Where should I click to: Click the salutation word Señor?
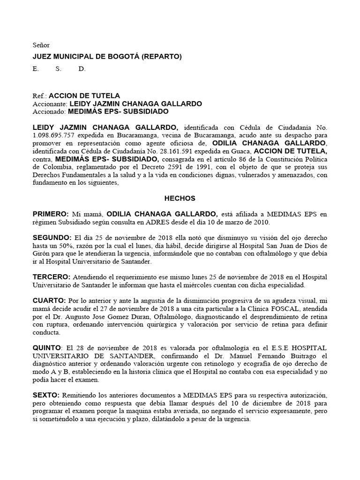pos(41,45)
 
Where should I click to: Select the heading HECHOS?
pos(180,198)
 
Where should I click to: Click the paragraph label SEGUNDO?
pos(52,238)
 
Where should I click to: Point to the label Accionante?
pos(50,104)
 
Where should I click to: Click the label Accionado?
pos(49,112)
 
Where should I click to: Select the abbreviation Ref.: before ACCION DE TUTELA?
pos(39,96)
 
